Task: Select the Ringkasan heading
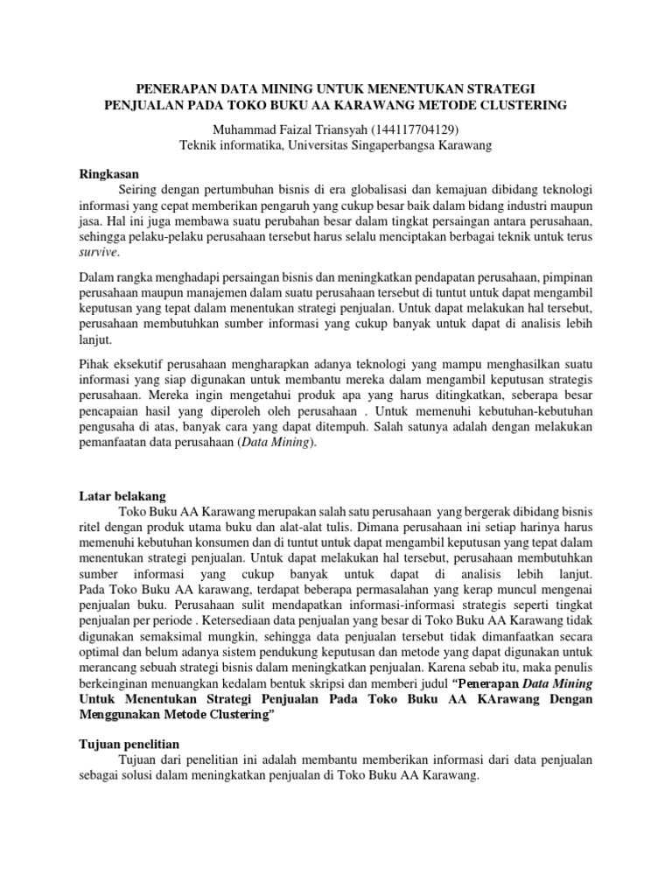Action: tap(108, 173)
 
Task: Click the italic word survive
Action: tap(98, 253)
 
